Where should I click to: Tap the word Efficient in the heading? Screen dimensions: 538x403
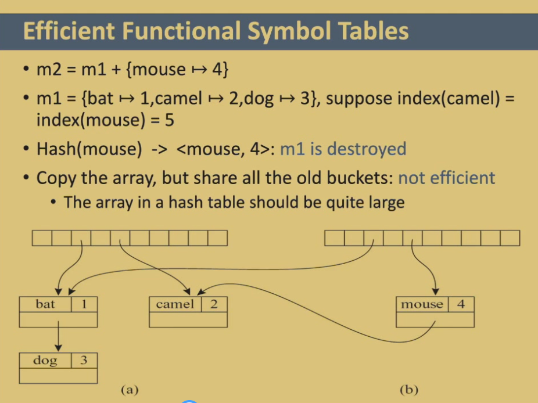click(69, 31)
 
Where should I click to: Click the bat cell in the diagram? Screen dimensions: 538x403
click(45, 304)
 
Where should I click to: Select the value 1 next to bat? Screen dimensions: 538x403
click(84, 304)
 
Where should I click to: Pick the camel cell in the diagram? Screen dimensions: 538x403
click(175, 304)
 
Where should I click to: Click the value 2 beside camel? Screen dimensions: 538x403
click(214, 304)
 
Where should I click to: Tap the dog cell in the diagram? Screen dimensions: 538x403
click(45, 361)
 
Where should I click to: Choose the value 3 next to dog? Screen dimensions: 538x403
click(84, 361)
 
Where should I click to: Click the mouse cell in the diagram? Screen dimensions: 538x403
click(422, 304)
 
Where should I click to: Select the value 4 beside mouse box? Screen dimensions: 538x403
click(461, 304)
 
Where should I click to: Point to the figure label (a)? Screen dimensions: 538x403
click(130, 390)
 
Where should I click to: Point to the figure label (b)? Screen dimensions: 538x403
click(409, 390)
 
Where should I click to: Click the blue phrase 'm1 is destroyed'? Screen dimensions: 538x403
click(343, 149)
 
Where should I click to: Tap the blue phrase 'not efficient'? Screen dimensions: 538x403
click(446, 178)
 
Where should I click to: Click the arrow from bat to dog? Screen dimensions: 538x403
click(58, 336)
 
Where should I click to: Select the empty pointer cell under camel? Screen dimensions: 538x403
click(188, 319)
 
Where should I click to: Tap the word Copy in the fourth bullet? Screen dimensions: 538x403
click(56, 178)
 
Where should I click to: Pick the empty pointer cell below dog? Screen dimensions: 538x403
click(58, 376)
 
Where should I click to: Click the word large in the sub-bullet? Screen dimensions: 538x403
click(387, 203)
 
